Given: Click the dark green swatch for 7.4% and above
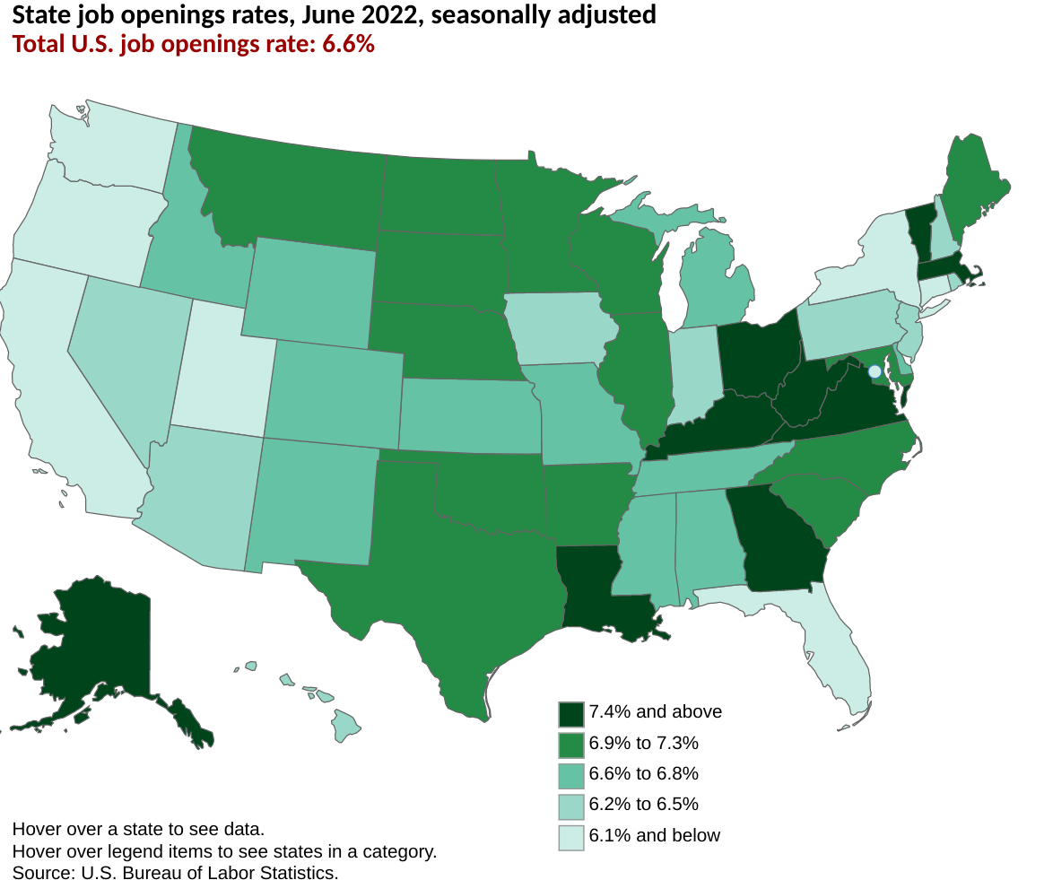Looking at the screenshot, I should click(x=571, y=714).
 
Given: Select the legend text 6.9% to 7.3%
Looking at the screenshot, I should click(x=643, y=743).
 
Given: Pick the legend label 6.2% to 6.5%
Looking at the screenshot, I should click(x=643, y=804).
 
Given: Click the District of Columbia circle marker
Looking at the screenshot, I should click(x=875, y=371).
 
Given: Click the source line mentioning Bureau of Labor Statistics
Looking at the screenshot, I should click(x=175, y=872).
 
